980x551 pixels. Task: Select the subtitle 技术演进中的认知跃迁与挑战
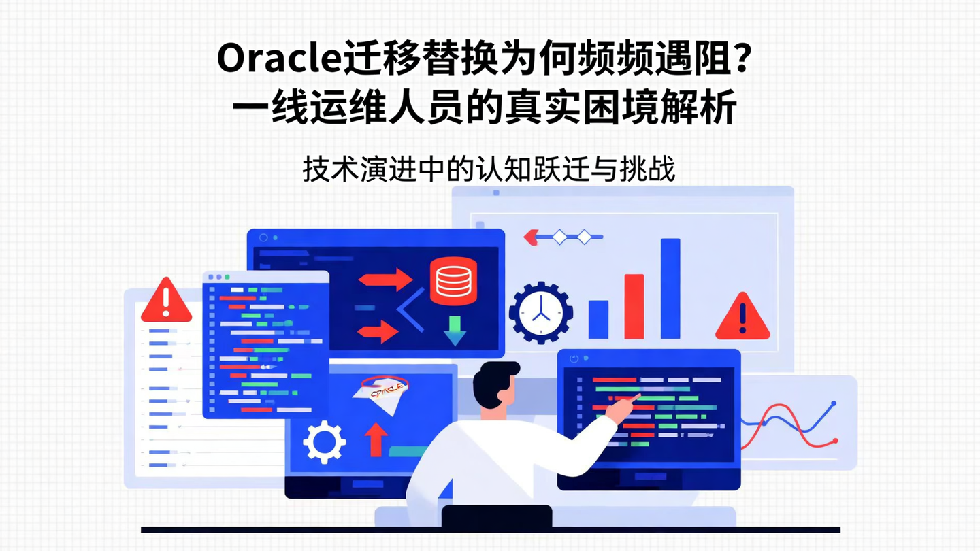click(x=489, y=169)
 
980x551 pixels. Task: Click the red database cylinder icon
click(x=453, y=281)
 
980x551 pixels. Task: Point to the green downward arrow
click(x=454, y=330)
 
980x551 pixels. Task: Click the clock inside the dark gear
click(x=541, y=313)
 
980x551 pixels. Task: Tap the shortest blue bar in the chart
click(x=598, y=319)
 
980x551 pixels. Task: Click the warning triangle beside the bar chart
click(x=742, y=318)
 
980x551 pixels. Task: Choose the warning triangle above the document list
click(x=166, y=301)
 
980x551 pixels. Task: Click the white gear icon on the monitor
click(x=324, y=442)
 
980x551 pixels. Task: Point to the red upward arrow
click(x=375, y=439)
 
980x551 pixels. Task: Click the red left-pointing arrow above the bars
click(x=532, y=237)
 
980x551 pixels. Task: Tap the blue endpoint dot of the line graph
click(x=834, y=404)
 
